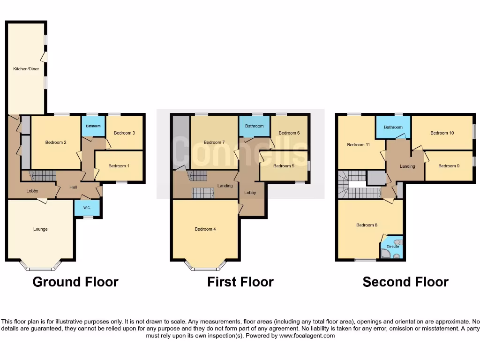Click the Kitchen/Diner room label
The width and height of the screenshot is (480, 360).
[26, 69]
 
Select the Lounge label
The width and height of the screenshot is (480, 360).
[40, 229]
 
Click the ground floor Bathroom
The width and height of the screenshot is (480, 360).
[93, 126]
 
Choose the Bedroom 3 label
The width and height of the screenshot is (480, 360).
[125, 133]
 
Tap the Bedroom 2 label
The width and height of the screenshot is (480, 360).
[55, 142]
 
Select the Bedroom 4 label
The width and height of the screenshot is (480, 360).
[205, 229]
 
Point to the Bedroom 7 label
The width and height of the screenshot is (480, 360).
[214, 142]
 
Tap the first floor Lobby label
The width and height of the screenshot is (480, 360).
[250, 193]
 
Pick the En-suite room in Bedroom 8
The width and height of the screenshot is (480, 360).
[391, 247]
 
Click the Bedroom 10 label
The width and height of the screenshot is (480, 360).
[442, 133]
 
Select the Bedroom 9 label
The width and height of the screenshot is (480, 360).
[448, 166]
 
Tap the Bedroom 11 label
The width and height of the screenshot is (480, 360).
[359, 145]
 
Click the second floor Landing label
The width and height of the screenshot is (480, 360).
[407, 166]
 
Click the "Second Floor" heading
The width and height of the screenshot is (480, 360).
[405, 282]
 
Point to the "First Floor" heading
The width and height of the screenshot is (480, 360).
[240, 282]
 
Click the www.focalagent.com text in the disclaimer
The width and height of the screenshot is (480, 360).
[308, 336]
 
